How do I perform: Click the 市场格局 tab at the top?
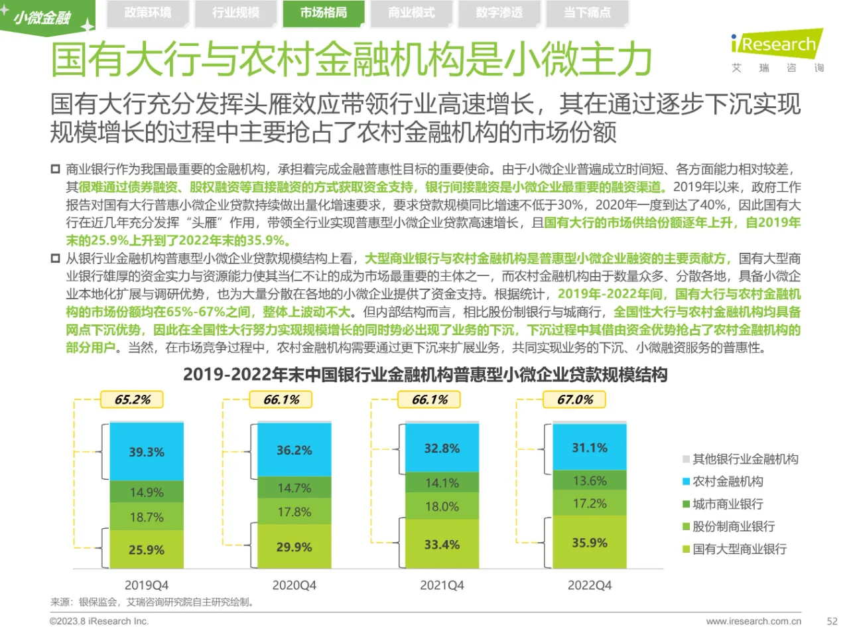[323, 13]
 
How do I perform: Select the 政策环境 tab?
[147, 13]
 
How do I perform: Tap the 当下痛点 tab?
[587, 13]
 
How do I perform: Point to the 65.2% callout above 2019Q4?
[132, 399]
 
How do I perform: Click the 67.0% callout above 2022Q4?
[575, 399]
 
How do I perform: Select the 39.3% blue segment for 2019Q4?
[147, 452]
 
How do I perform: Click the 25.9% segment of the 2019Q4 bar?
[147, 549]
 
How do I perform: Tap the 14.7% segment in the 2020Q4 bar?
[294, 488]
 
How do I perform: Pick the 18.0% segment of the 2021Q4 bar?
[442, 506]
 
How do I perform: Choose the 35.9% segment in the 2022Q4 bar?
[590, 542]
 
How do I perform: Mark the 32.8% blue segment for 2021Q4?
[442, 449]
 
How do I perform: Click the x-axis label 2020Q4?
[294, 585]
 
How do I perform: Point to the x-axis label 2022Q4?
[590, 585]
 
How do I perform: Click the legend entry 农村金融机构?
[728, 482]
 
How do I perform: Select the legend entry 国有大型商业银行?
[739, 549]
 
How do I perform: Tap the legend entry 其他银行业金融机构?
[745, 459]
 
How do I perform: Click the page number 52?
[832, 622]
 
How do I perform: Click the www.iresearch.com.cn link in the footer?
[753, 622]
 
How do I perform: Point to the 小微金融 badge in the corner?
[42, 17]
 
